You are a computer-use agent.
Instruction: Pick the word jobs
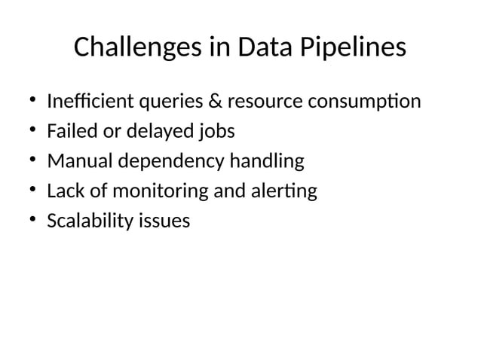[x=216, y=132]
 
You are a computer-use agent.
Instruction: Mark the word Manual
[x=74, y=161]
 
